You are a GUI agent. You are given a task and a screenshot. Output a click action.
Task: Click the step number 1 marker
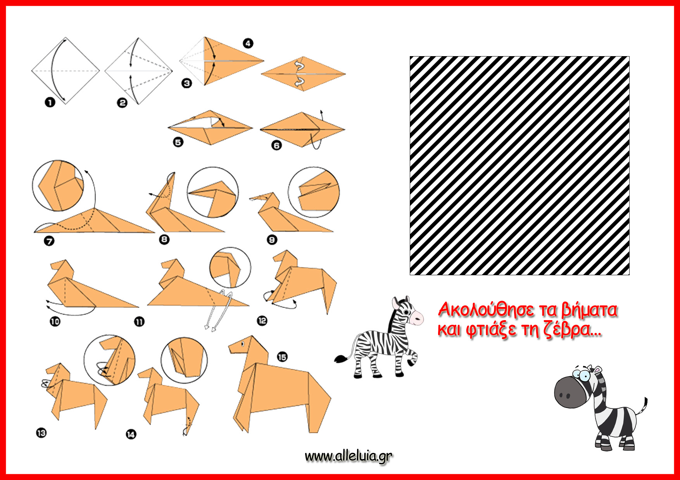click(50, 102)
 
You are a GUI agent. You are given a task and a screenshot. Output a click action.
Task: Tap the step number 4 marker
click(248, 43)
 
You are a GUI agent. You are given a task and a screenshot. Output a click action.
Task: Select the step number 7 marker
click(49, 241)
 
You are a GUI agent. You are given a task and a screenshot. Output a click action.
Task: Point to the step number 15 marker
click(282, 357)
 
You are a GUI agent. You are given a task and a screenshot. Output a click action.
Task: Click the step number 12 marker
click(262, 321)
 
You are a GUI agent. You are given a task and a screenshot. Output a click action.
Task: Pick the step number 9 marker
click(272, 240)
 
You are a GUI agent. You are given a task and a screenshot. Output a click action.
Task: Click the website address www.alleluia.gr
click(349, 456)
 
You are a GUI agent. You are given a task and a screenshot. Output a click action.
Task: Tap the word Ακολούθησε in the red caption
click(484, 310)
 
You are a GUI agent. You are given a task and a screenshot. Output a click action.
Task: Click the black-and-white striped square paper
click(519, 166)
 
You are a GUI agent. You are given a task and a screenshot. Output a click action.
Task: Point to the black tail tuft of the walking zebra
click(341, 359)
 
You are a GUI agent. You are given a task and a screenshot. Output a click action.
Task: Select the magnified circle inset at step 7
click(58, 185)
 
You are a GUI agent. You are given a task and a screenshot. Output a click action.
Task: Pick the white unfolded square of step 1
click(66, 71)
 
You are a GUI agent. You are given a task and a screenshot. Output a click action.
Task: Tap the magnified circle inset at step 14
click(184, 360)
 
